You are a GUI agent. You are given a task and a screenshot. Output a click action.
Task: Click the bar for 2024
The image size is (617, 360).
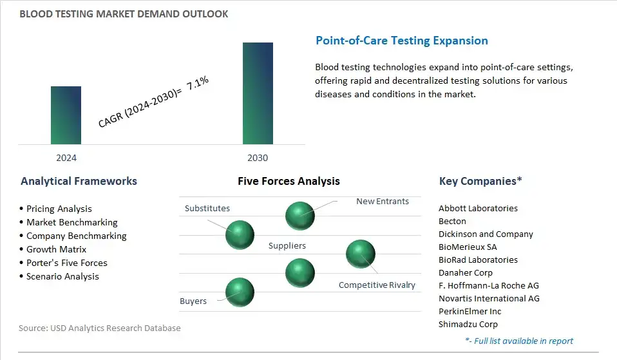point(66,115)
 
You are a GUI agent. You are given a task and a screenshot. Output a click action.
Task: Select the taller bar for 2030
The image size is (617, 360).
point(258,93)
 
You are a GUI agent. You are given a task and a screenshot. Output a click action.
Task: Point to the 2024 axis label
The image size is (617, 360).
point(66,158)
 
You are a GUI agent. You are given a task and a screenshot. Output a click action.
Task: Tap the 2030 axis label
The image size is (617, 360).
point(258,158)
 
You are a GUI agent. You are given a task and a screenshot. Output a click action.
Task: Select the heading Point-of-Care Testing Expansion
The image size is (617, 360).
point(401,41)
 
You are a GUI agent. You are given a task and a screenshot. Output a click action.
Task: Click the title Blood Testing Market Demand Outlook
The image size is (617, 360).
point(124,14)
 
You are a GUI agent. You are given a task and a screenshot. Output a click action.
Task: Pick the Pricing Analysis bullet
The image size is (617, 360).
point(59,209)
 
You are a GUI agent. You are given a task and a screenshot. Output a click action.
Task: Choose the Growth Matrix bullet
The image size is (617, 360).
point(56,249)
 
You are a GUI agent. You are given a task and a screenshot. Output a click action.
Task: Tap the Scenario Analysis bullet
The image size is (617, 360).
point(62,276)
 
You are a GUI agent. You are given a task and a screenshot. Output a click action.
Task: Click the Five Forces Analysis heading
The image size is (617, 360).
point(289,181)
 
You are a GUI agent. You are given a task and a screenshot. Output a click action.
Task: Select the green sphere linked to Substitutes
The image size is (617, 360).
point(240,234)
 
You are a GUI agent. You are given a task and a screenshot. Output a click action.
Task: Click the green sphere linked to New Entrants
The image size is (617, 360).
point(300,215)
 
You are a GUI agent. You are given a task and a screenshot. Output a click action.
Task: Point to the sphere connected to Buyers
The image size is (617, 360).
point(240,292)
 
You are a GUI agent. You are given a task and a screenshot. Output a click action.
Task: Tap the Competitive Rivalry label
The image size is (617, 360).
point(377,285)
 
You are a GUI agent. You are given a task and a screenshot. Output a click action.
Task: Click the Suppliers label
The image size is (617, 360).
point(287,245)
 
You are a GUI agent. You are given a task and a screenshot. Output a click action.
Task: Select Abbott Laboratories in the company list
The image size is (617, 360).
point(478,208)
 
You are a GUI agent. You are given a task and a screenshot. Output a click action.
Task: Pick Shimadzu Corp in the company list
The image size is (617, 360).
point(468,324)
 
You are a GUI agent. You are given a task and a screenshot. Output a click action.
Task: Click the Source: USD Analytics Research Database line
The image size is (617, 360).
point(100,328)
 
